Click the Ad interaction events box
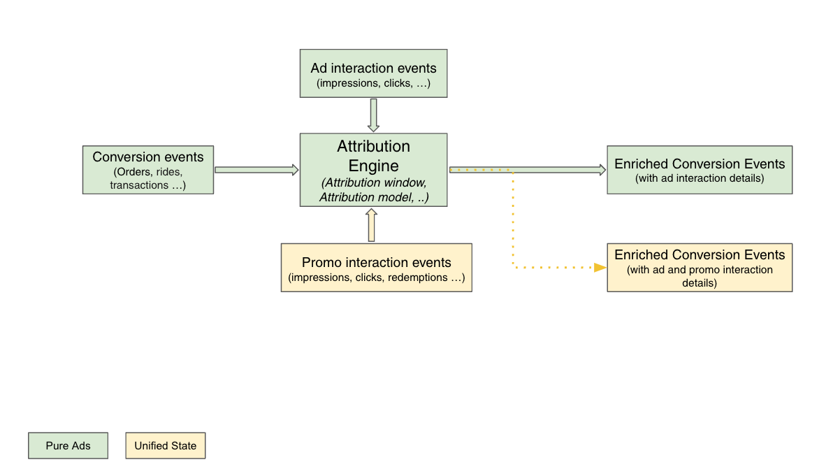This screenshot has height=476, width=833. pos(373,73)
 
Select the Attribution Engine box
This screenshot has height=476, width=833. pos(373,170)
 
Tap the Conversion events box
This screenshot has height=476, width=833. pos(148,170)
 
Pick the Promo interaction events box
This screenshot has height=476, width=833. pos(377,268)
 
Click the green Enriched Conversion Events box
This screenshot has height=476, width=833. pos(700,170)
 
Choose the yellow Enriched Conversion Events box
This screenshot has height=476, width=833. pos(700,268)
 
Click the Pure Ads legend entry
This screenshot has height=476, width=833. pos(68,446)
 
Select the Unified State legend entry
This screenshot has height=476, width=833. pos(165,446)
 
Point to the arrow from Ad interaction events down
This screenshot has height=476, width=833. pos(373,115)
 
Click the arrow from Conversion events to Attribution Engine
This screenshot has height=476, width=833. pos(256,170)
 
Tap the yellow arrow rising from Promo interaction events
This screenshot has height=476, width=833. pos(371,225)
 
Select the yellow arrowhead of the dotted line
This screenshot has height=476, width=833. pos(600,268)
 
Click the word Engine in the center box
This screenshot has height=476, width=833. pos(373,166)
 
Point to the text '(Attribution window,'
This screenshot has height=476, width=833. pos(373,182)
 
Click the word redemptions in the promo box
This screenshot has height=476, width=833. pos(418,278)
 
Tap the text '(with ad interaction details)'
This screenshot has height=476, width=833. pos(700,178)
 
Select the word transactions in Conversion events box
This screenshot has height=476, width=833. pos(139,185)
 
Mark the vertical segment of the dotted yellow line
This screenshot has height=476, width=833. pos(513,219)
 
